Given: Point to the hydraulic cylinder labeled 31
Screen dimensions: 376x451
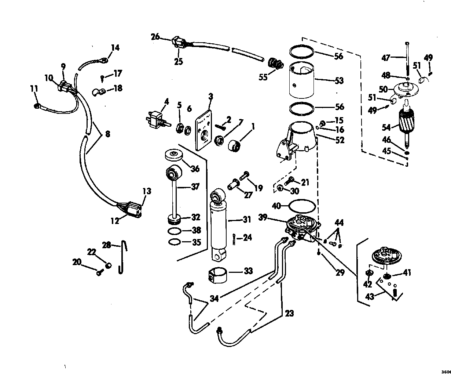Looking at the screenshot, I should (219, 224).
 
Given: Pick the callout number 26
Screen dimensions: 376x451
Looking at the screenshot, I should (155, 36).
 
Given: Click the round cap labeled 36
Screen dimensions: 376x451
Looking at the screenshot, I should (173, 154).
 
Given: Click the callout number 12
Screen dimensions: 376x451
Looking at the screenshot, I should (114, 221).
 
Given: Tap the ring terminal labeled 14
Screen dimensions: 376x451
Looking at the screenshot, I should (104, 58).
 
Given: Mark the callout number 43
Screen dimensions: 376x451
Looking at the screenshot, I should (370, 296).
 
